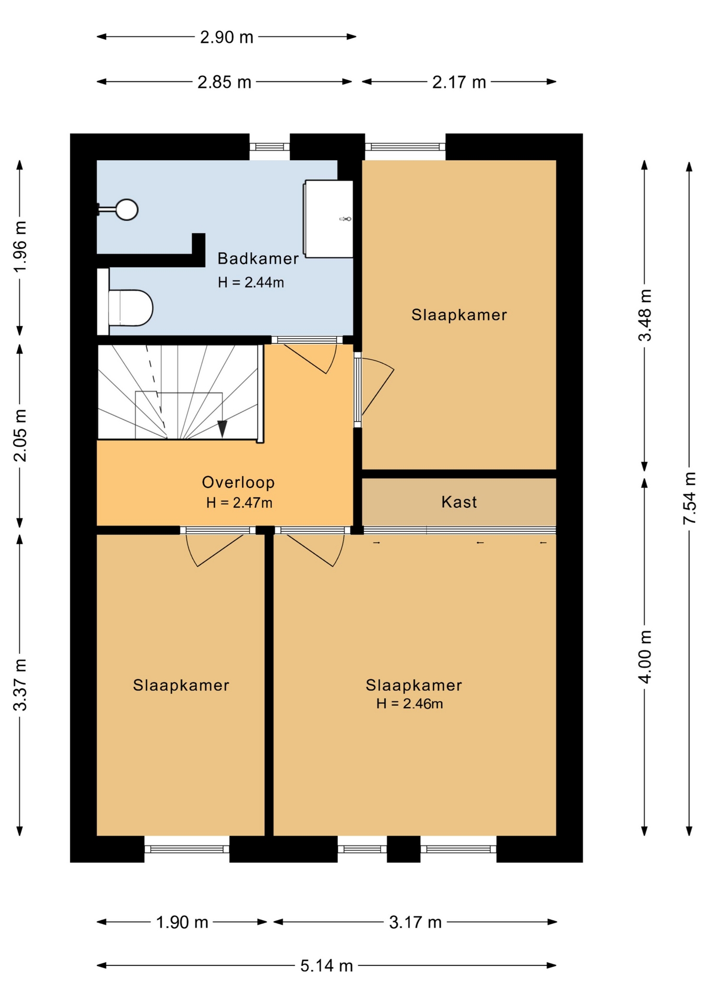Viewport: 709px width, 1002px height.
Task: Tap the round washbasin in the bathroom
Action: pyautogui.click(x=126, y=210)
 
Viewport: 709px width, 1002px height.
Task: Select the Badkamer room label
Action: pyautogui.click(x=258, y=258)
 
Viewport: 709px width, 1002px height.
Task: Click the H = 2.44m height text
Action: pyautogui.click(x=251, y=282)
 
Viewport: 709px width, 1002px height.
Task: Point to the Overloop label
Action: pyautogui.click(x=238, y=482)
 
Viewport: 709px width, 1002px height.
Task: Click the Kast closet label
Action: pyautogui.click(x=459, y=502)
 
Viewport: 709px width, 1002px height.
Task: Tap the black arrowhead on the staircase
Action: pyautogui.click(x=222, y=428)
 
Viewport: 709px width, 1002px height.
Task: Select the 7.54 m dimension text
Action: pyautogui.click(x=690, y=498)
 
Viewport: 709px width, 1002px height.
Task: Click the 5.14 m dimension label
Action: pyautogui.click(x=326, y=966)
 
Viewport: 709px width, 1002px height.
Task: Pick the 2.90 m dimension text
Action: pyautogui.click(x=227, y=37)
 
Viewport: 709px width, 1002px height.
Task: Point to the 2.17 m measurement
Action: pyautogui.click(x=459, y=82)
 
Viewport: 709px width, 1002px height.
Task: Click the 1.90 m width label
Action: pyautogui.click(x=182, y=922)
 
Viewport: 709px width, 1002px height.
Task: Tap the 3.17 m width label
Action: pyautogui.click(x=415, y=922)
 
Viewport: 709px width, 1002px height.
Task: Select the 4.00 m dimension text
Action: pyautogui.click(x=645, y=657)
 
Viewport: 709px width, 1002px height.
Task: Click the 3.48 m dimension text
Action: pyautogui.click(x=645, y=315)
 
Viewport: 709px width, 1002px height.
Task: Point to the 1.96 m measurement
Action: pyautogui.click(x=20, y=246)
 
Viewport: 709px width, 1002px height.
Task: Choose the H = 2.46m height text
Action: pyautogui.click(x=409, y=703)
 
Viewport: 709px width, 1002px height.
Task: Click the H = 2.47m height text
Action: pyautogui.click(x=239, y=503)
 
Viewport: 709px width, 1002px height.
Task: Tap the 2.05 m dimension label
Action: pyautogui.click(x=20, y=436)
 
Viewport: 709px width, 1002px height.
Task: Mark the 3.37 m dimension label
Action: pyautogui.click(x=20, y=685)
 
